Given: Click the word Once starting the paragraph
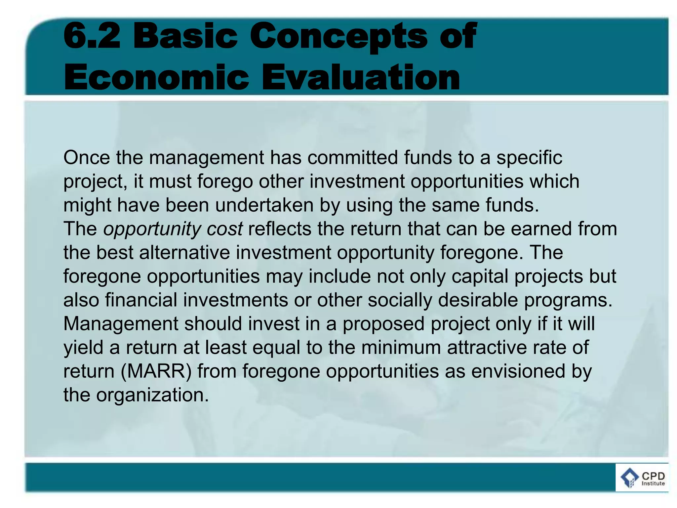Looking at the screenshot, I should point(86,157).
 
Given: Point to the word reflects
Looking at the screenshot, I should point(280,229).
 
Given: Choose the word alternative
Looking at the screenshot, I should point(184,253).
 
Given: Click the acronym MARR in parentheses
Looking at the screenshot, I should point(156,371).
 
